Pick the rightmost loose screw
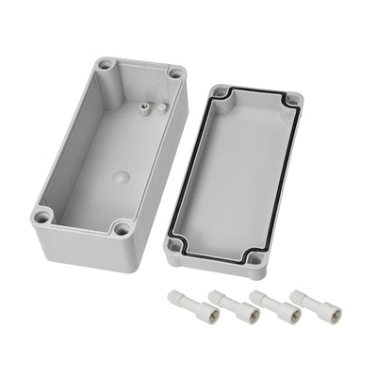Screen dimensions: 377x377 [x=301, y=300]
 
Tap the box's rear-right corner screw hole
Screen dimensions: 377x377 [x=174, y=74]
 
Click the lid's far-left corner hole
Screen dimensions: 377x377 [x=221, y=92]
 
